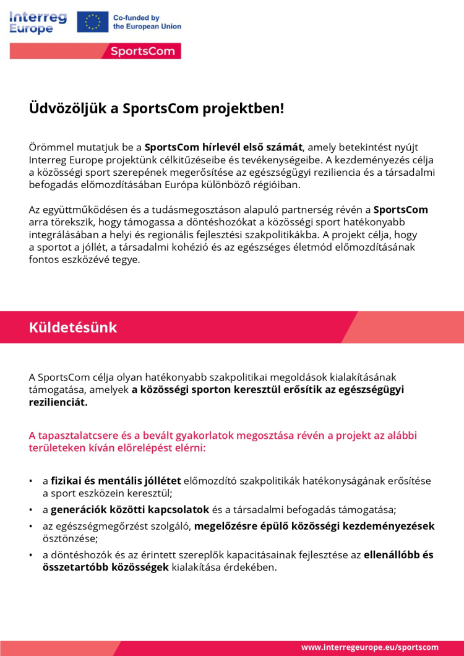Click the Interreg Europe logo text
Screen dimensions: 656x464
click(38, 22)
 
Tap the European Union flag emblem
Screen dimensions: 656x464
click(93, 22)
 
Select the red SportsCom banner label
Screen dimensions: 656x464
click(143, 51)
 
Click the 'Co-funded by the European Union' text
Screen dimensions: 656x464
click(147, 22)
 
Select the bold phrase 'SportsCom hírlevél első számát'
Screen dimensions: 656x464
click(223, 147)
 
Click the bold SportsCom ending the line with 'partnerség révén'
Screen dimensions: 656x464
click(400, 210)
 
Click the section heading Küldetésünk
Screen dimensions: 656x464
click(72, 327)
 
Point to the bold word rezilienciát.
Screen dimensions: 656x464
click(58, 402)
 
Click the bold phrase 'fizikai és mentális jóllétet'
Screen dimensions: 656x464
click(116, 480)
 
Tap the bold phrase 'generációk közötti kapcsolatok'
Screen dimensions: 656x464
click(130, 510)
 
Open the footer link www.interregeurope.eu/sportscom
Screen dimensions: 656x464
click(370, 647)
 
